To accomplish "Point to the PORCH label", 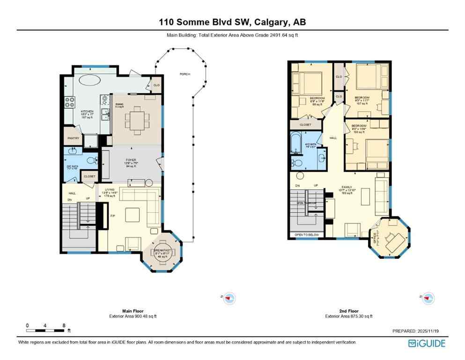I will pyautogui.click(x=185, y=74).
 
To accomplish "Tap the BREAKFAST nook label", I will pyautogui.click(x=162, y=251).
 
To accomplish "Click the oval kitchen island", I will pyautogui.click(x=89, y=80).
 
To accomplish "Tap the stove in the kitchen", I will pyautogui.click(x=70, y=101).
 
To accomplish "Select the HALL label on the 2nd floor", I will pyautogui.click(x=333, y=138).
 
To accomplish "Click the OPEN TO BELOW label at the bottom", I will pyautogui.click(x=306, y=234).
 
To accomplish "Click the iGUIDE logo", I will pyautogui.click(x=427, y=343).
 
